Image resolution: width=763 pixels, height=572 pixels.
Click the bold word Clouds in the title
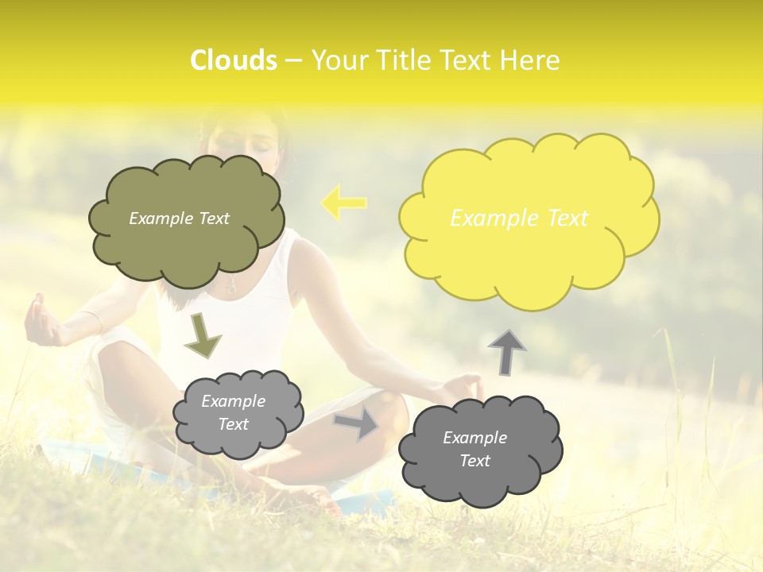click(x=234, y=60)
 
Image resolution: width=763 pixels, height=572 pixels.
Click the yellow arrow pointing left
click(x=343, y=203)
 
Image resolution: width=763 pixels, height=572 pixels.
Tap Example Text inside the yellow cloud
click(x=519, y=218)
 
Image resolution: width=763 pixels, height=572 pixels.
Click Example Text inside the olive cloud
click(x=179, y=218)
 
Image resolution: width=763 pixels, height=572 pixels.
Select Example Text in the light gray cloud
click(x=234, y=413)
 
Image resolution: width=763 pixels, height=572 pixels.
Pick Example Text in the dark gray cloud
click(x=475, y=449)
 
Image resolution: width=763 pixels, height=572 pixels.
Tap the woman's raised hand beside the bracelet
click(x=41, y=322)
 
